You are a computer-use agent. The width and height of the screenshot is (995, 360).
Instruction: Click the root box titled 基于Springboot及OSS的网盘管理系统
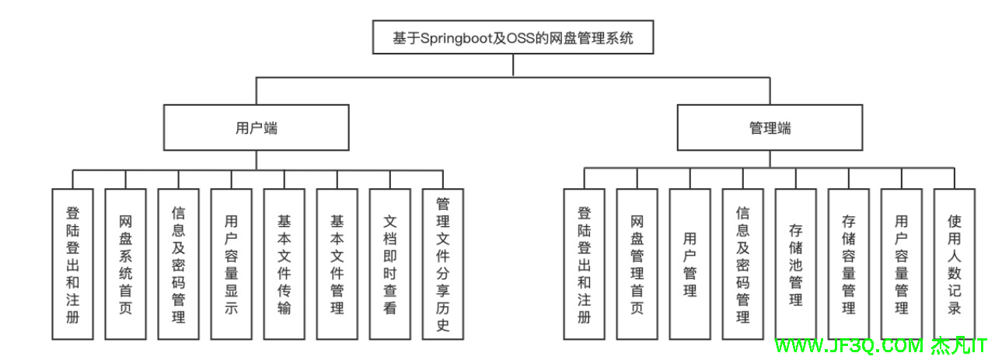(x=512, y=38)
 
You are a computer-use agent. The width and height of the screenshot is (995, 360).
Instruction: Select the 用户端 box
(x=257, y=128)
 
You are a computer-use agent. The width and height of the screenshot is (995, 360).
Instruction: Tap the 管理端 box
(x=770, y=128)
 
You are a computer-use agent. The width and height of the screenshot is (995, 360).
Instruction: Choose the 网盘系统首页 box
(x=125, y=264)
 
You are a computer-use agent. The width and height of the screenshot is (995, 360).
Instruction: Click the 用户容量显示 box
(x=231, y=264)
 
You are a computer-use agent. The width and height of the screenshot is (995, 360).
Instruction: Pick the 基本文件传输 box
(x=284, y=264)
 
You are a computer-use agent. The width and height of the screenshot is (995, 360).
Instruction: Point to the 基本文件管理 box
(x=337, y=264)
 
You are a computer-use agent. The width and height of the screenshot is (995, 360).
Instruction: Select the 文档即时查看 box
(x=389, y=264)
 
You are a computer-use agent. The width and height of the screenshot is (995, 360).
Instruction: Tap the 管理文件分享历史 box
(x=442, y=264)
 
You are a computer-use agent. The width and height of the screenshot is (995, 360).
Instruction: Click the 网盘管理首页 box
(x=637, y=264)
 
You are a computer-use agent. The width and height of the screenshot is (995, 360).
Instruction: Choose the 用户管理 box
(x=690, y=264)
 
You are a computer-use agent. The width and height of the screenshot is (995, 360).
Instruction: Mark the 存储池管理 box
(x=795, y=264)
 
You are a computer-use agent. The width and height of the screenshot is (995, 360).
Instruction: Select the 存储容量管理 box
(x=848, y=264)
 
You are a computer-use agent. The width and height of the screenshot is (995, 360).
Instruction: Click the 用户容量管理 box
(x=901, y=264)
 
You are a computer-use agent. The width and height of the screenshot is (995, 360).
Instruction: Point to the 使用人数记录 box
(x=954, y=264)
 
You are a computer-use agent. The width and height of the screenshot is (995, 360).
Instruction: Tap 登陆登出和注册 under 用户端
(x=72, y=264)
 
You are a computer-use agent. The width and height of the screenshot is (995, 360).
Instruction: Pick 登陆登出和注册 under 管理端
(x=584, y=264)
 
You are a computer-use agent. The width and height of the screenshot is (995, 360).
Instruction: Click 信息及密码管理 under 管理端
(x=742, y=264)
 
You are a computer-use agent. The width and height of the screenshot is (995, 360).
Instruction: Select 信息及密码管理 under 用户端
(x=178, y=264)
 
